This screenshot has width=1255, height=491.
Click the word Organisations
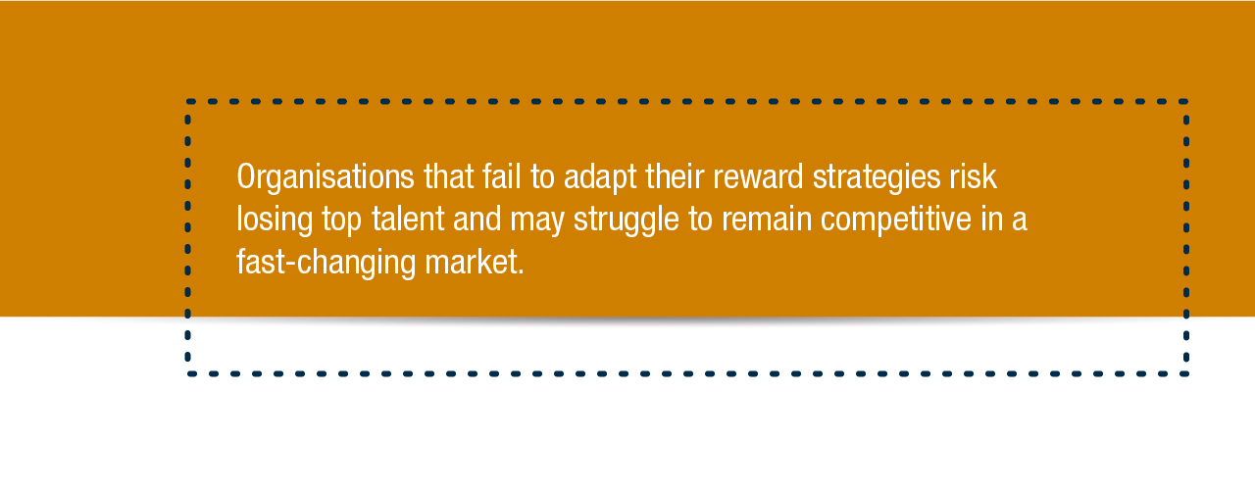coord(326,177)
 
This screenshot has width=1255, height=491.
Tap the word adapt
coord(600,177)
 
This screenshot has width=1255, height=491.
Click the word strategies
coord(877,177)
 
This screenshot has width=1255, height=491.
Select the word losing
coord(275,220)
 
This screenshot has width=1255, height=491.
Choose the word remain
coord(767,219)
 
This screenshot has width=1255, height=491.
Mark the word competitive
coord(896,220)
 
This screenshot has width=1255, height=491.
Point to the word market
coord(472,262)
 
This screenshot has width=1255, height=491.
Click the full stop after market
coord(521,272)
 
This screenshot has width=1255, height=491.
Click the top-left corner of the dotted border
coord(187,101)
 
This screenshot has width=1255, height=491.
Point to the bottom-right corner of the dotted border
coord(1186,373)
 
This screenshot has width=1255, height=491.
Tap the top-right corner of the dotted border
coord(1186,101)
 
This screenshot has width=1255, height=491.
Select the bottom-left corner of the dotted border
coord(187,373)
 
